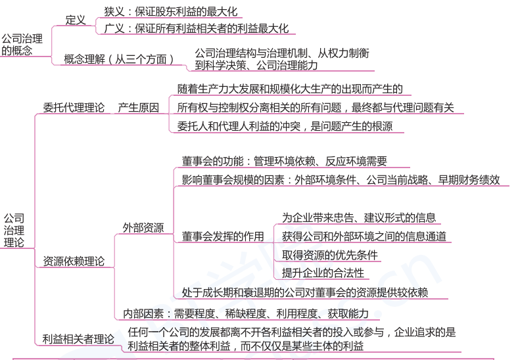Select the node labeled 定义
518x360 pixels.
click(x=76, y=20)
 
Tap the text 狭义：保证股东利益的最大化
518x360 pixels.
click(x=170, y=12)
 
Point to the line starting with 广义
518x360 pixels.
click(x=196, y=29)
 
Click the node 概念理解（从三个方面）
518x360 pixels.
click(x=119, y=59)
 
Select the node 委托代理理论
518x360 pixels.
click(x=74, y=108)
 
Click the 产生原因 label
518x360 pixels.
click(x=138, y=108)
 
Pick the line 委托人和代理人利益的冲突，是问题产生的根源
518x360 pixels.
click(x=285, y=126)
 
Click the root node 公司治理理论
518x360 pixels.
click(x=14, y=230)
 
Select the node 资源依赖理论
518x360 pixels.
click(x=74, y=261)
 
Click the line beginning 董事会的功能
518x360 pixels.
click(x=284, y=161)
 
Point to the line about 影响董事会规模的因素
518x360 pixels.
click(x=341, y=179)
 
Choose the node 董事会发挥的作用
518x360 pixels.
click(x=223, y=236)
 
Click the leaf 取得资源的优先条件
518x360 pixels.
click(x=330, y=255)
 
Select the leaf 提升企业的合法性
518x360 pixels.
click(x=323, y=273)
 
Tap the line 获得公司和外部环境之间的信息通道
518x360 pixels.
click(x=364, y=236)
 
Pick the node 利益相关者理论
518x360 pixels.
click(x=78, y=339)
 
